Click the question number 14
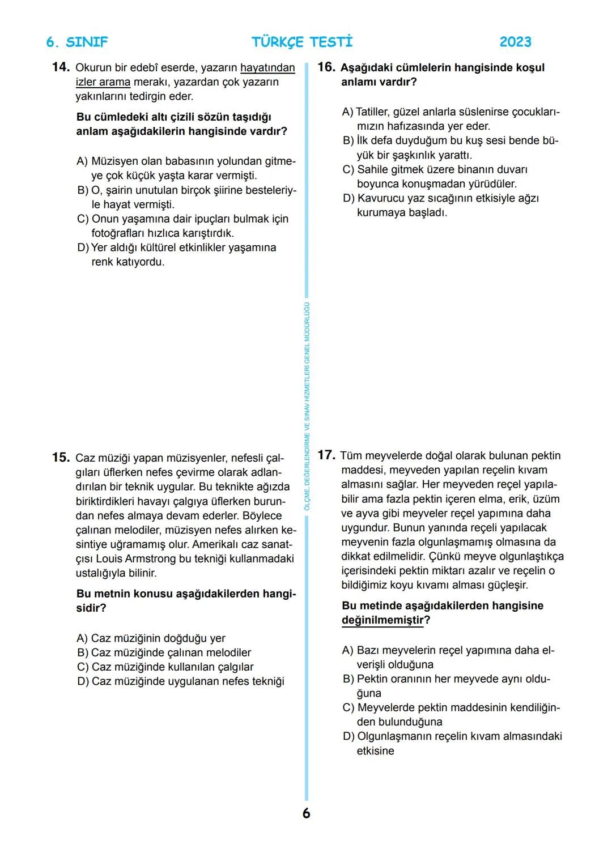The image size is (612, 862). click(x=60, y=67)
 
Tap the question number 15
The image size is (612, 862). click(x=60, y=458)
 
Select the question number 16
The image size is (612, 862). click(x=326, y=67)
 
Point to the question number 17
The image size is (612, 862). click(x=326, y=455)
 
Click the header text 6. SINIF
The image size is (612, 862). click(x=76, y=42)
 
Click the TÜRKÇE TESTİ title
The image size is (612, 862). click(x=302, y=42)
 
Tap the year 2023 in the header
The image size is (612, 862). click(x=515, y=42)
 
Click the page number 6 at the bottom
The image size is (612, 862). click(x=306, y=813)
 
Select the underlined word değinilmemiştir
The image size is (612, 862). click(x=382, y=620)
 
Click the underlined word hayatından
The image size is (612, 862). click(x=267, y=68)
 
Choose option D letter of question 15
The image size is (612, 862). click(x=83, y=681)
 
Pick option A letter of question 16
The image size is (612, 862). click(x=347, y=112)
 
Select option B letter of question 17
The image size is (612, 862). click(x=348, y=679)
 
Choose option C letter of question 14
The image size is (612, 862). click(x=83, y=219)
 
